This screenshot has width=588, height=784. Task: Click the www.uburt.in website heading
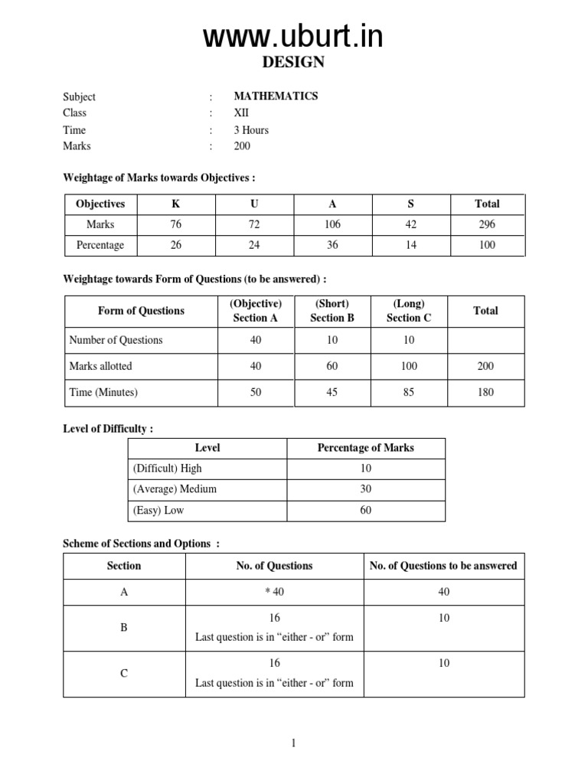[293, 36]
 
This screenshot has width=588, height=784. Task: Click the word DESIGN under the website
[294, 63]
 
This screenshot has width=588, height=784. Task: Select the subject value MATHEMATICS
[276, 96]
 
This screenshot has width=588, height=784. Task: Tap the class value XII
[241, 113]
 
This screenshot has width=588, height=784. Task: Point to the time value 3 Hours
[251, 130]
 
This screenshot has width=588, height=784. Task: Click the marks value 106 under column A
[332, 224]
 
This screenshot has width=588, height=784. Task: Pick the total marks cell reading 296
[486, 224]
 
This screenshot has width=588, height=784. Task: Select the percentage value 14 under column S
[410, 245]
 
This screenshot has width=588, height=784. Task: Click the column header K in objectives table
[178, 204]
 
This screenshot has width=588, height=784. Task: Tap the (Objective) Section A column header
[256, 311]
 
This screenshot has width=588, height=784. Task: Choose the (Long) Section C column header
[409, 311]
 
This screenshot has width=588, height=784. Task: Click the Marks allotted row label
[100, 366]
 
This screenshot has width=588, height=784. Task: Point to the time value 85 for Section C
[409, 392]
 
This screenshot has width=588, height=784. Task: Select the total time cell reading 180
[485, 392]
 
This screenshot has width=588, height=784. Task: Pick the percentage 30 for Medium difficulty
[365, 488]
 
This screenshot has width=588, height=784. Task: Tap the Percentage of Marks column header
[365, 448]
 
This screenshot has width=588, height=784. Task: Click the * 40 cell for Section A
[274, 592]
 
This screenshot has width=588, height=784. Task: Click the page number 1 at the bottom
[294, 743]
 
